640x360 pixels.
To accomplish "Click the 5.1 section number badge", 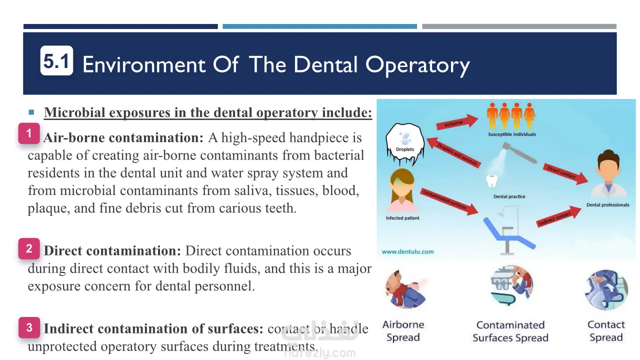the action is [56, 60].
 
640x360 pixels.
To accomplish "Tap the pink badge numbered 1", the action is [29, 133].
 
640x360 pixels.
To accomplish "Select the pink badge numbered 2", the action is [29, 248].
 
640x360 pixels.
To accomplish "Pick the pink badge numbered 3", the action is [29, 327].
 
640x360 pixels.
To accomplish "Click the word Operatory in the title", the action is [417, 65].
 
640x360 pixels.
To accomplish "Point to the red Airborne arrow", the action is [457, 122].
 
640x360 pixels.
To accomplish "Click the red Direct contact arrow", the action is [565, 173].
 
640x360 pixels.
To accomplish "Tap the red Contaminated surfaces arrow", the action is [449, 201].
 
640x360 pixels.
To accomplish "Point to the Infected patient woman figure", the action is [402, 190].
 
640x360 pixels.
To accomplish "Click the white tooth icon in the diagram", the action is [492, 181].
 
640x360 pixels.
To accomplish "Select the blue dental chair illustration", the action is [507, 231].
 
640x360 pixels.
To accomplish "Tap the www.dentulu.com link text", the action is [407, 251].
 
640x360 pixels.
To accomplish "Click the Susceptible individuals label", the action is [511, 134].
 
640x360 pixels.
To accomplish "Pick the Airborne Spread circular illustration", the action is [405, 289].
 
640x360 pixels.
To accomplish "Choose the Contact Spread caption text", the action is [606, 331].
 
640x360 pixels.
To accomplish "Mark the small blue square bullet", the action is [31, 112].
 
